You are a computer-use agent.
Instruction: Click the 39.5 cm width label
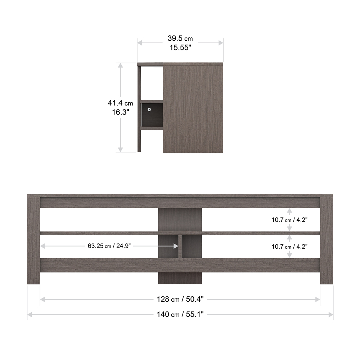tap(180, 39)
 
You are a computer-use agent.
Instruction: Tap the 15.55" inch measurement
tap(180, 48)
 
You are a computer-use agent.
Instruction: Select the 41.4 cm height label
tap(120, 103)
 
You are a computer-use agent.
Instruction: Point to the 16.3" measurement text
tap(121, 112)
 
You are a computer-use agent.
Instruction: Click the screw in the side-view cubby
tap(149, 110)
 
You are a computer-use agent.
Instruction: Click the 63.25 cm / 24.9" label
tap(109, 246)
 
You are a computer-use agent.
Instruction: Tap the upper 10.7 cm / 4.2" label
tap(289, 220)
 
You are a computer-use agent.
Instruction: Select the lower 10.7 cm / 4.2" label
tap(289, 247)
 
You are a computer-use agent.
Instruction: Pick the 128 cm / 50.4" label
tap(180, 299)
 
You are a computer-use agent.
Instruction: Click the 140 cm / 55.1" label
tap(180, 314)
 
